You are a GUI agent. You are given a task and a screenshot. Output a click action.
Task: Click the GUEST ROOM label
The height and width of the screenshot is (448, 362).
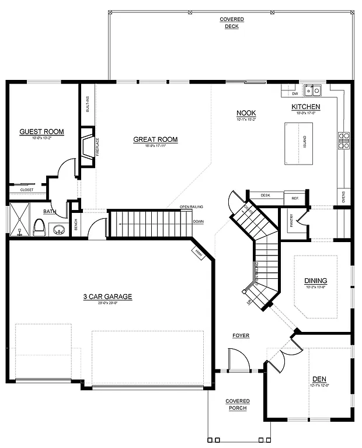[41, 132]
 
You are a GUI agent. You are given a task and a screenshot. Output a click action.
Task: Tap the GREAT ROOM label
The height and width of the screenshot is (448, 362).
[155, 139]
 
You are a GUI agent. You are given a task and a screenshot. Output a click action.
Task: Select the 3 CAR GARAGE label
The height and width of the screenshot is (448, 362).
[107, 297]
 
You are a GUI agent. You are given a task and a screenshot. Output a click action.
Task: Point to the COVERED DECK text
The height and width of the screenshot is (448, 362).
[232, 23]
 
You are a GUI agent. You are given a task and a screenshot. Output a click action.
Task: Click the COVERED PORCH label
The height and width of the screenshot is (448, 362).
[238, 404]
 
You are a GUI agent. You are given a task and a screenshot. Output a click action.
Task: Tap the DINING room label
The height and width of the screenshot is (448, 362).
[315, 281]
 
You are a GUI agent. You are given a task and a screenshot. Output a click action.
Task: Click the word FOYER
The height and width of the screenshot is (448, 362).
[241, 335]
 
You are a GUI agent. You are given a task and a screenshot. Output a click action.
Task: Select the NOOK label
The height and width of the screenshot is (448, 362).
[246, 113]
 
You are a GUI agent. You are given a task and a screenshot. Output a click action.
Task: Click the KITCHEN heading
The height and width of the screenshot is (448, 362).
[306, 107]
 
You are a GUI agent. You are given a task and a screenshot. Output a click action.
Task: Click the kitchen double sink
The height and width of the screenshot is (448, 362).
[314, 90]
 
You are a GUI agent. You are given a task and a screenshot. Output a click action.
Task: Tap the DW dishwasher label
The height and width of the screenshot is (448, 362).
[295, 93]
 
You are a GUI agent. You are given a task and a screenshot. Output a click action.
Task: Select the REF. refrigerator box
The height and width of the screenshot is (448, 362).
[295, 198]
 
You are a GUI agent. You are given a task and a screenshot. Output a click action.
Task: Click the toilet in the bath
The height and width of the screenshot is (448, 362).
[39, 226]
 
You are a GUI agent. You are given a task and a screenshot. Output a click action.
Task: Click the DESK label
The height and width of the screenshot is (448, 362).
[265, 195]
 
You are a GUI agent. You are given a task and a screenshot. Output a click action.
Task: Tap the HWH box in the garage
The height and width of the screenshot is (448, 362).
[199, 251]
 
